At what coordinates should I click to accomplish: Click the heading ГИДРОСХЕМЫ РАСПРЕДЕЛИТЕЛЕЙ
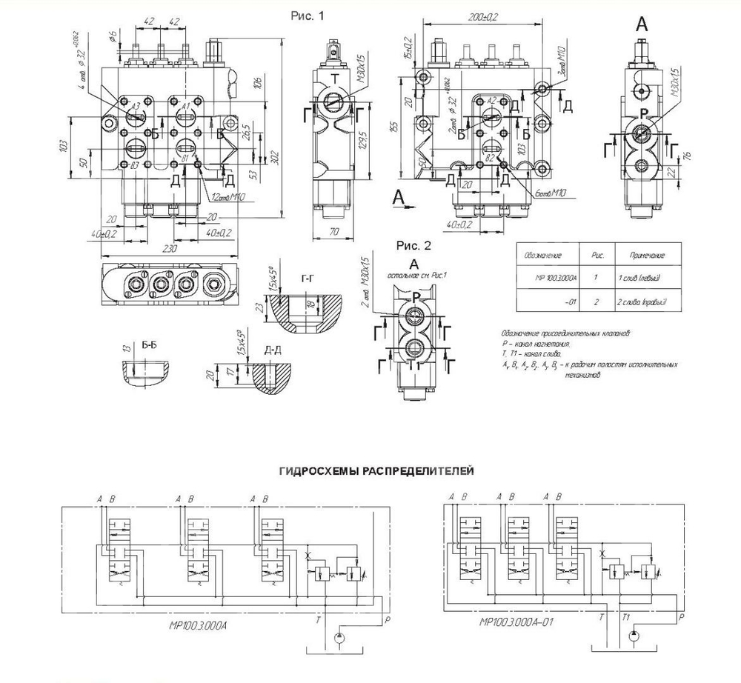[376, 470]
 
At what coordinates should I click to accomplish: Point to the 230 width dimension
[170, 249]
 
